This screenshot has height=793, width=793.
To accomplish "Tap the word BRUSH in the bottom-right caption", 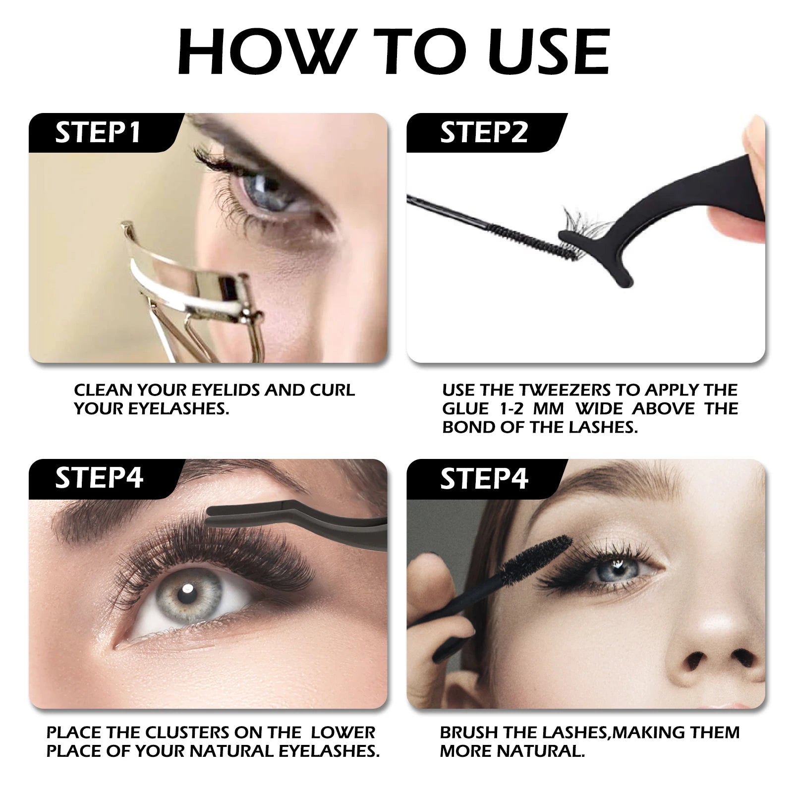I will pyautogui.click(x=469, y=733).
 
